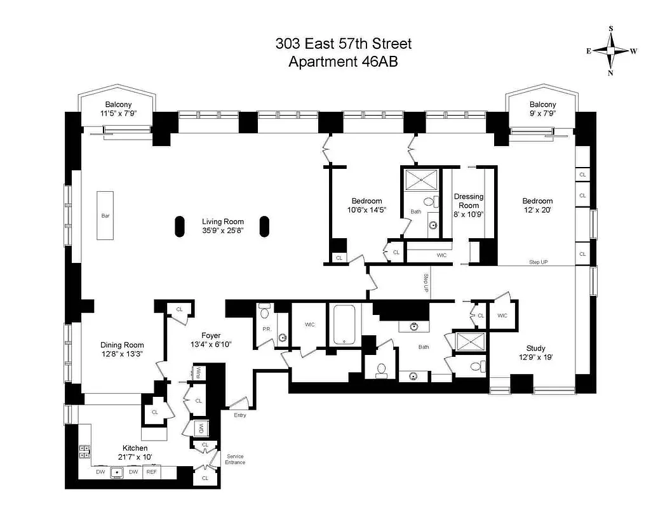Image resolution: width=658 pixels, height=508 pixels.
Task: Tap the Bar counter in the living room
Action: tap(105, 215)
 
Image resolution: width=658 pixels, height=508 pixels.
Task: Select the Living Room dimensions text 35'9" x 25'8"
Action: tap(219, 232)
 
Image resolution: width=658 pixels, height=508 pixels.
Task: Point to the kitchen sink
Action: tap(117, 472)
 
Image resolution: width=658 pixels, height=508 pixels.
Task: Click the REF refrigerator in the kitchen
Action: tap(152, 472)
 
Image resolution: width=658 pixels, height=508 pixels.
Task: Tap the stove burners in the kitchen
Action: tap(84, 451)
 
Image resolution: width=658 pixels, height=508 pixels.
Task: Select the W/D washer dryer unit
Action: tap(201, 427)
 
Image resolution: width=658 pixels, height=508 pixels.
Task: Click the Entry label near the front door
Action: tap(239, 415)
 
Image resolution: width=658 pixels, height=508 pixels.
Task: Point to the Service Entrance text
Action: tap(234, 459)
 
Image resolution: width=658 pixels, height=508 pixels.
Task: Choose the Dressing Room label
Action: tap(469, 201)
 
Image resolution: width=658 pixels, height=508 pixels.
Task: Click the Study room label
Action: tap(535, 347)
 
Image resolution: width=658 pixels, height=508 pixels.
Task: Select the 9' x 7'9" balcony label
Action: tap(542, 109)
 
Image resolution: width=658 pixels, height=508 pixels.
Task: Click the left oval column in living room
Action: tap(179, 226)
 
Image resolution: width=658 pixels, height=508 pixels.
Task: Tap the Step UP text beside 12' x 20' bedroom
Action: tap(538, 262)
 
